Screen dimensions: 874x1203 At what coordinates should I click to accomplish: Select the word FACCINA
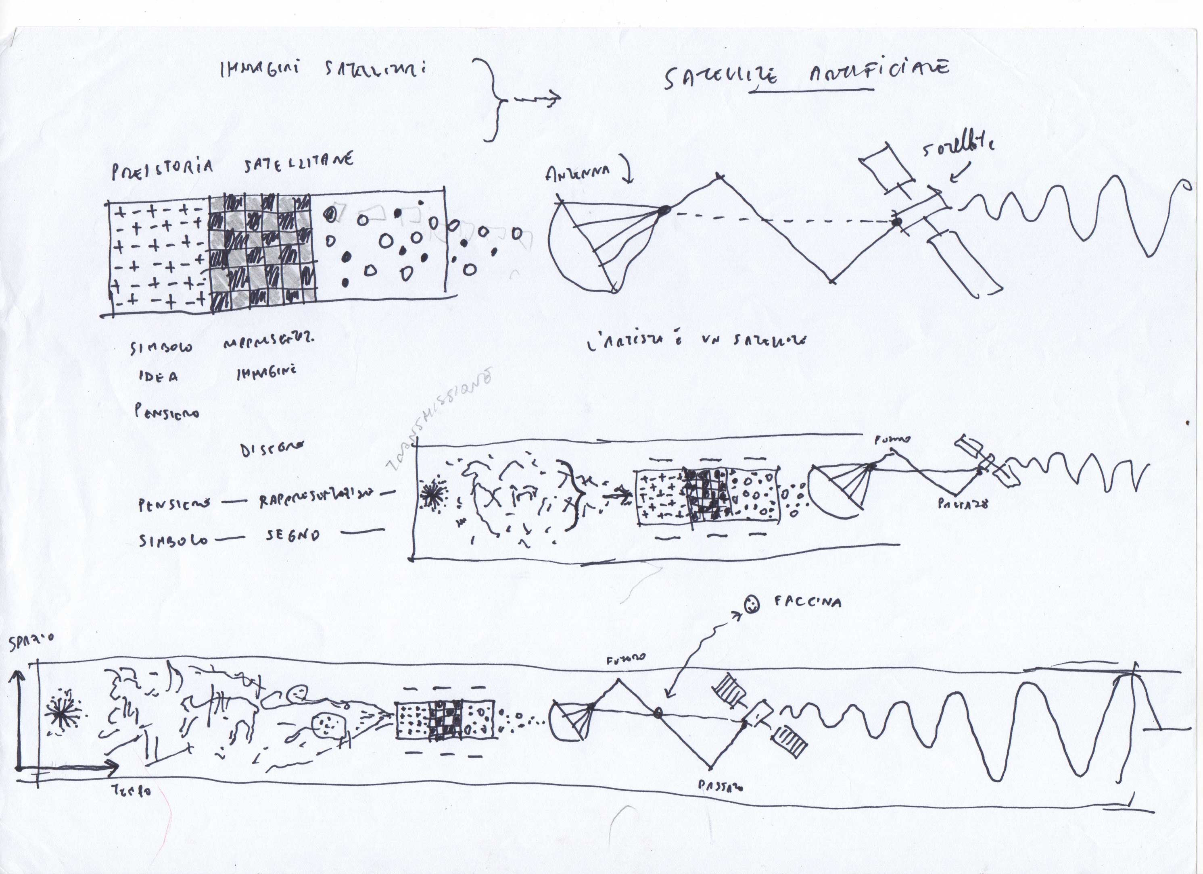[x=807, y=602]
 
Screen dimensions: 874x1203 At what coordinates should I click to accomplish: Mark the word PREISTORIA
[x=162, y=170]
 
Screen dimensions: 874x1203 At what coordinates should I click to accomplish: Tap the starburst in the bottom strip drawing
[x=62, y=714]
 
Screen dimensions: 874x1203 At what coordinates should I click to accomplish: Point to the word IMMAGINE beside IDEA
[x=266, y=372]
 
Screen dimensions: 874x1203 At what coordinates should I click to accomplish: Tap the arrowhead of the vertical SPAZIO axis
[x=19, y=676]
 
